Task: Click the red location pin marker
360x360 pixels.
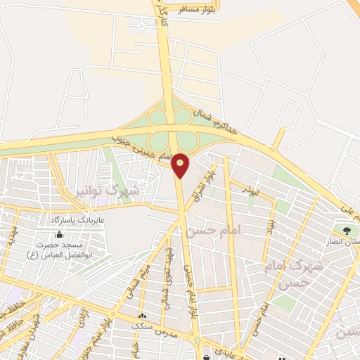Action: (x=181, y=164)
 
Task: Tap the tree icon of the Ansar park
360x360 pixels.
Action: (x=345, y=230)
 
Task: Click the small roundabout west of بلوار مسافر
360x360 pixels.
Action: (x=143, y=27)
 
